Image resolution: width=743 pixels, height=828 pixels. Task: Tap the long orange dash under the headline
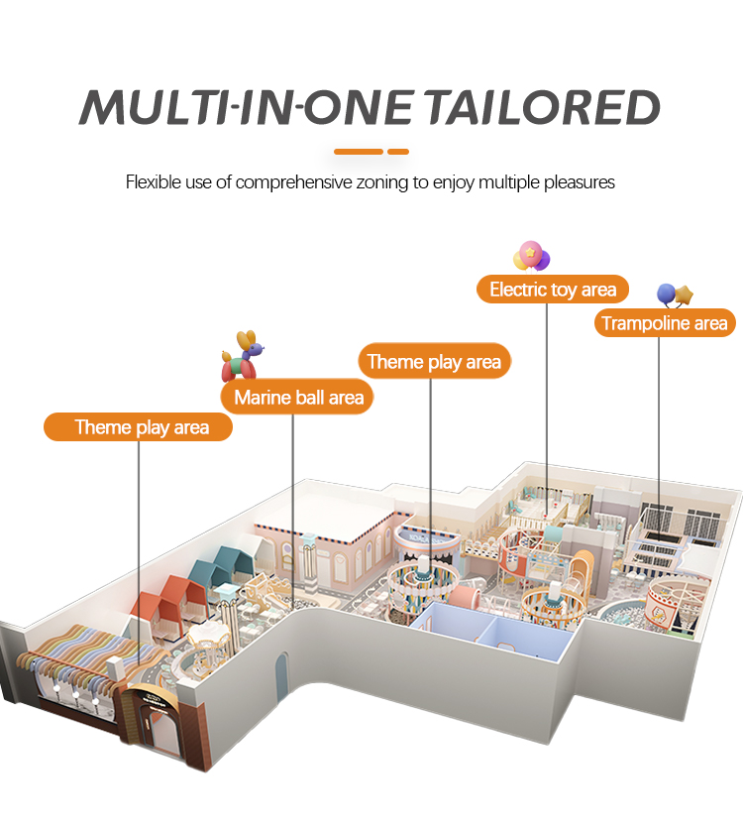(x=358, y=152)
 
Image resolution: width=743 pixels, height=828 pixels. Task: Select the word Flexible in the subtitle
(x=152, y=181)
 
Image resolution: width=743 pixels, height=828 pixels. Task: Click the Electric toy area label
(x=553, y=290)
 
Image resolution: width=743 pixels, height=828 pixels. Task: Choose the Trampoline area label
(x=665, y=322)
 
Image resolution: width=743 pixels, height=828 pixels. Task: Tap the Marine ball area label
(x=298, y=398)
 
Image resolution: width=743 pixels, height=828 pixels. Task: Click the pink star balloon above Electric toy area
(x=531, y=256)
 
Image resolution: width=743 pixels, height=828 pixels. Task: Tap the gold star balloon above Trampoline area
(x=683, y=295)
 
